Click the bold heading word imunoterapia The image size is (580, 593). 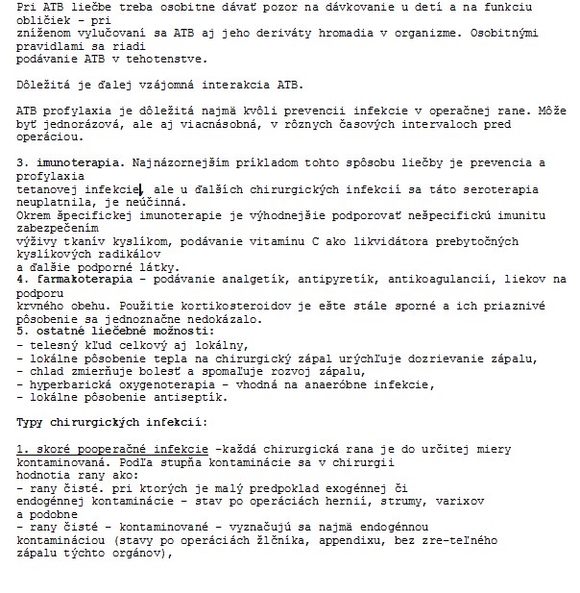(x=70, y=163)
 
